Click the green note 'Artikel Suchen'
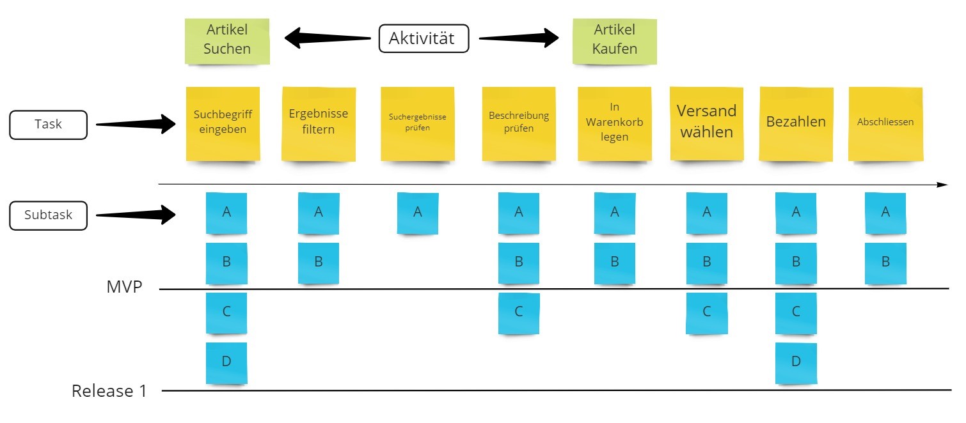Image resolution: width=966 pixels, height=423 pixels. (227, 40)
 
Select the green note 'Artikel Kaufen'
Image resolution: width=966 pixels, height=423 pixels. (614, 40)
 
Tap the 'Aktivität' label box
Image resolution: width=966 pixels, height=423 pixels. (422, 38)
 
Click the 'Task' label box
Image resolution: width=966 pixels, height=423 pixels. (48, 125)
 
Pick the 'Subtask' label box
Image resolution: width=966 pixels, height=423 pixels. (48, 215)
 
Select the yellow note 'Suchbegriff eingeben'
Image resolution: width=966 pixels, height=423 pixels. (223, 123)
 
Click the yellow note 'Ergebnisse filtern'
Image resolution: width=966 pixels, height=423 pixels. (319, 123)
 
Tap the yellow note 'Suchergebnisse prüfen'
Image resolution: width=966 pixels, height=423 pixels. (418, 123)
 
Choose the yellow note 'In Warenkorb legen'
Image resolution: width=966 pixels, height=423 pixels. (614, 123)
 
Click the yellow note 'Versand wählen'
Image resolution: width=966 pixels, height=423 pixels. (707, 123)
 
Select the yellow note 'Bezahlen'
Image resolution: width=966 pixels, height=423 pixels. (796, 123)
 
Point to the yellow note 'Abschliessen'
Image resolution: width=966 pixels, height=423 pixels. (885, 123)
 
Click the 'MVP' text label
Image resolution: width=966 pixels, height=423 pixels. (124, 287)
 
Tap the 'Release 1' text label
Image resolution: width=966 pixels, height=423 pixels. (109, 391)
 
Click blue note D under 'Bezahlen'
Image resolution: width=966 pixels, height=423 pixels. (796, 362)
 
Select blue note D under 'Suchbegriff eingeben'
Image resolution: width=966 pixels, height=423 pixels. (226, 362)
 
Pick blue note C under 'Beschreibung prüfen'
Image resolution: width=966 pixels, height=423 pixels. (519, 312)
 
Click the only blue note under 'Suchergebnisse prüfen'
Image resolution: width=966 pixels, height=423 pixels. (418, 213)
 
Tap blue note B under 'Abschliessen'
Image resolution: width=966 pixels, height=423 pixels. (885, 263)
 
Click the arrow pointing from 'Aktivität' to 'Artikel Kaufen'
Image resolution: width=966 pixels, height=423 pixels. (518, 38)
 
